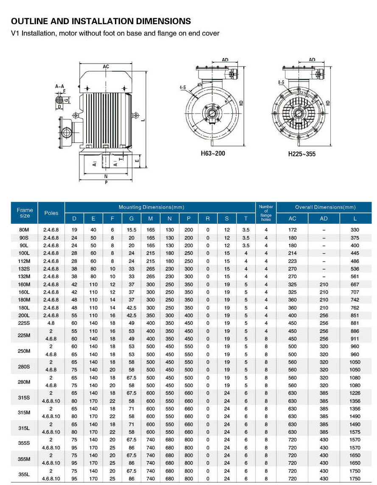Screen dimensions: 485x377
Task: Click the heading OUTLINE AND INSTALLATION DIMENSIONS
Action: point(101,21)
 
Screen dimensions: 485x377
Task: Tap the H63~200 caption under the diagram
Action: point(213,153)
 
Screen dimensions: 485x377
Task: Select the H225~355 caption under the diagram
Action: point(302,154)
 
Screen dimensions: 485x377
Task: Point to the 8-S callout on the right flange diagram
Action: point(281,83)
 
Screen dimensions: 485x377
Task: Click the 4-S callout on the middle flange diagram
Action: point(183,87)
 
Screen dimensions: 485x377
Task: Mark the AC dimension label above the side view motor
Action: point(106,67)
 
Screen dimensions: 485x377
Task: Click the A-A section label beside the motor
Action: point(59,86)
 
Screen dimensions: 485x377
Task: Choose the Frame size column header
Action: point(25,213)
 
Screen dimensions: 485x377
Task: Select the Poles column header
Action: point(51,213)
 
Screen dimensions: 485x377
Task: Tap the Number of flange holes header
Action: point(266,213)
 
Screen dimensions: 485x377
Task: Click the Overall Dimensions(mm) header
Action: point(325,207)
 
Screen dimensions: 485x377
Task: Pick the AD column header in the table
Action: point(324,219)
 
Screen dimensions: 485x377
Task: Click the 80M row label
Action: point(25,230)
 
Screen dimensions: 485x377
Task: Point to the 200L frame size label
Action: point(25,315)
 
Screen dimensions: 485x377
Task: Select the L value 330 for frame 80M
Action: point(355,230)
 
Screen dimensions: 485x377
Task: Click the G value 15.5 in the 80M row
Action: point(131,230)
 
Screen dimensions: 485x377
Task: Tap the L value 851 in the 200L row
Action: point(355,315)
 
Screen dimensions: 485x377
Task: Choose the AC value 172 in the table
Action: point(293,230)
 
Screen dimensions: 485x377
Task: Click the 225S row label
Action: point(25,323)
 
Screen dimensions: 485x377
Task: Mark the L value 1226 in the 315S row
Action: point(355,393)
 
